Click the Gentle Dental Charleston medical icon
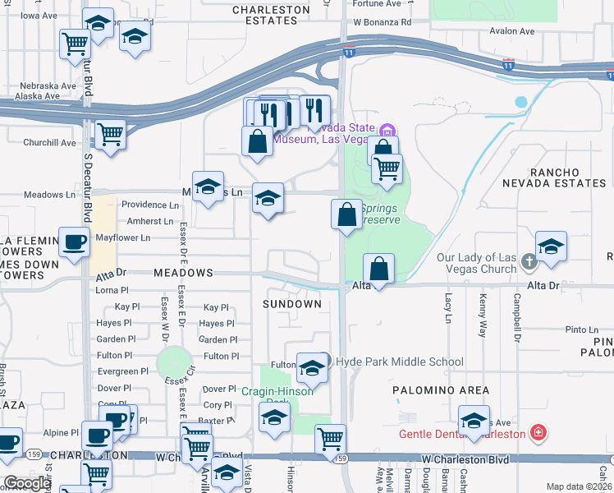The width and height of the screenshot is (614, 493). tap(538, 432)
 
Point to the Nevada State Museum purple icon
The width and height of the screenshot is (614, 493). tap(387, 130)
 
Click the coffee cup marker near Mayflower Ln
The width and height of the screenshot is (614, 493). tap(74, 242)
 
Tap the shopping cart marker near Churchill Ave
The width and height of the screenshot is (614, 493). tap(110, 133)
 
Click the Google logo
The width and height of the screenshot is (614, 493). tap(27, 483)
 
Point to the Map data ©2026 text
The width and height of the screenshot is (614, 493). tap(579, 486)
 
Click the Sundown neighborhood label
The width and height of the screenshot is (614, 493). tap(291, 304)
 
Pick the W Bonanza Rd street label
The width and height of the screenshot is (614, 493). tap(382, 22)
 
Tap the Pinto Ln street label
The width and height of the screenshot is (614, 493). tap(582, 329)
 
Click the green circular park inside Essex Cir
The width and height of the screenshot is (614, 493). tap(173, 362)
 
